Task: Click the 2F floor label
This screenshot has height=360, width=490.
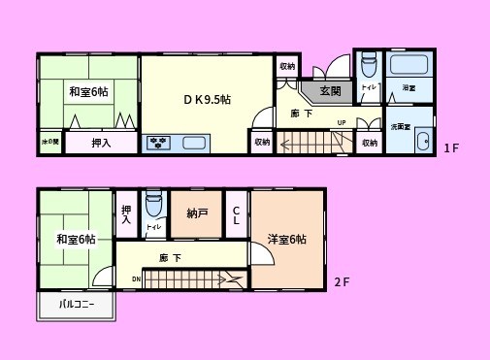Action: point(341,282)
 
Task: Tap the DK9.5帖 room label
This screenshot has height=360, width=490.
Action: point(208,99)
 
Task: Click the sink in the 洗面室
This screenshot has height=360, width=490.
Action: point(421,143)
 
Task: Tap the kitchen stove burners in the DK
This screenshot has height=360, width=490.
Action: point(158,144)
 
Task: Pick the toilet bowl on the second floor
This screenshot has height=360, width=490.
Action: point(153,207)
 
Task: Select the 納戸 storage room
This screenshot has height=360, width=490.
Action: point(198,213)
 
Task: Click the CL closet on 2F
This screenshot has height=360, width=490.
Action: point(237,214)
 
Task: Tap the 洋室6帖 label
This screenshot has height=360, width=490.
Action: point(287,240)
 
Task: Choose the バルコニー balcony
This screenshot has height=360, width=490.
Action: point(77,305)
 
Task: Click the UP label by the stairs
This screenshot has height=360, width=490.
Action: point(342,122)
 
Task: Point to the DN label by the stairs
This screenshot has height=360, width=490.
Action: point(136,278)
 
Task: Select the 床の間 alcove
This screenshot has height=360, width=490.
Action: point(49,143)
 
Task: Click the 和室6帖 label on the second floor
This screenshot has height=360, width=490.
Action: point(76,240)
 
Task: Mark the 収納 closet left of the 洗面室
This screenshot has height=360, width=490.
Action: point(369,142)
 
